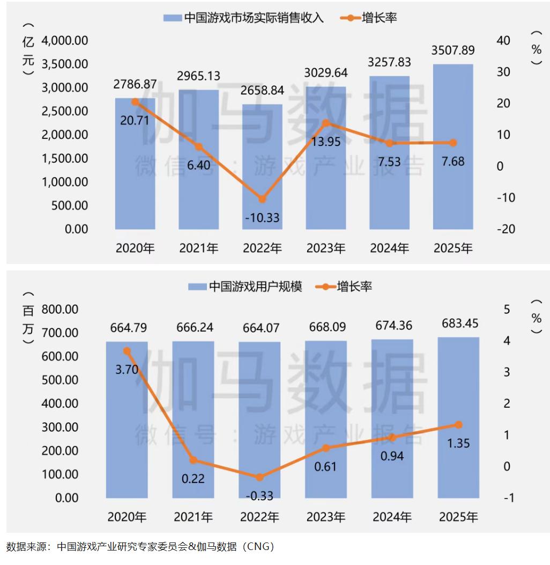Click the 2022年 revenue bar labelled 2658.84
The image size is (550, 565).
point(262,166)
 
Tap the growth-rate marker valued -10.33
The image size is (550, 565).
point(262,199)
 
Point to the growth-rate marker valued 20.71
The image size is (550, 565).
point(135,101)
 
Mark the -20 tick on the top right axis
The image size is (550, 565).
point(506,229)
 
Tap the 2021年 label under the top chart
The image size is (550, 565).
point(199,248)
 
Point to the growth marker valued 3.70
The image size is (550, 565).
point(127,351)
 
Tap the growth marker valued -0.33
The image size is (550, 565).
point(259,477)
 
